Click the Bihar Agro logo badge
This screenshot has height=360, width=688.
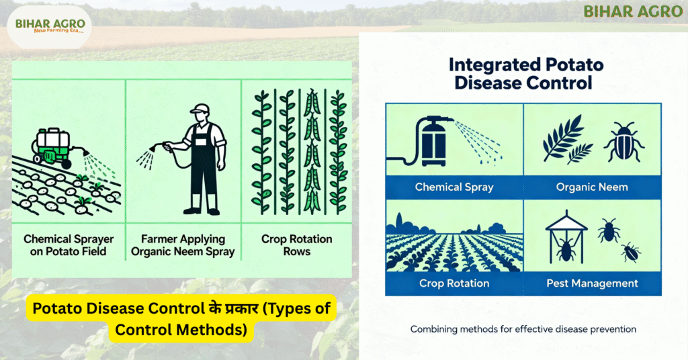pos(49,26)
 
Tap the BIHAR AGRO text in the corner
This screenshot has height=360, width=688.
pos(633,11)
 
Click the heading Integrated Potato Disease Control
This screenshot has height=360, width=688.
pos(525,74)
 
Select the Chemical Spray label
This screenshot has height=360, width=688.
pos(454,187)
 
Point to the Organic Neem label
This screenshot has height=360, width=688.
pos(592,187)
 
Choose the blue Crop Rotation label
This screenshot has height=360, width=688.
pos(454,283)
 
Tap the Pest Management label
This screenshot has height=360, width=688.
pos(592,283)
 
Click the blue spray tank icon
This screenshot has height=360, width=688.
pos(432,141)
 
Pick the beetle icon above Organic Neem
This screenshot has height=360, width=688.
pos(624,142)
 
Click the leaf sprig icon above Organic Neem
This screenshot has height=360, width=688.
pos(567,139)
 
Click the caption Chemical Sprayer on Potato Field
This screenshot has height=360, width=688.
pos(69,245)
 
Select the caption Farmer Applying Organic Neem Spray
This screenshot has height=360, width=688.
pos(183,245)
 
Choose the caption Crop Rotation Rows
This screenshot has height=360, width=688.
pos(296,245)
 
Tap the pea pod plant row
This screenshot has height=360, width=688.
pos(312,152)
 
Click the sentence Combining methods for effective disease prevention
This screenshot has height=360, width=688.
pos(523,329)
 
